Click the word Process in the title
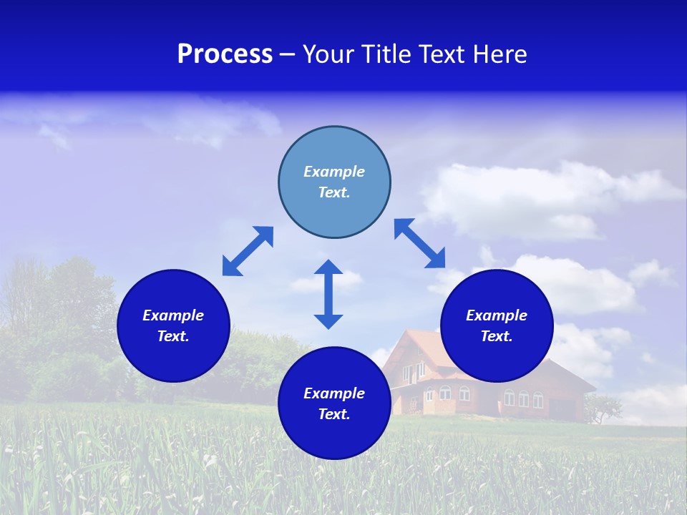225,54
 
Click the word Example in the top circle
334,172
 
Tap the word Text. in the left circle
173,336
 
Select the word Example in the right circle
497,315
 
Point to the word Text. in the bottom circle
334,414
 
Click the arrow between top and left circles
248,251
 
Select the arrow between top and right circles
419,243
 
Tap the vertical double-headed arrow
328,294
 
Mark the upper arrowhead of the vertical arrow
328,268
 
